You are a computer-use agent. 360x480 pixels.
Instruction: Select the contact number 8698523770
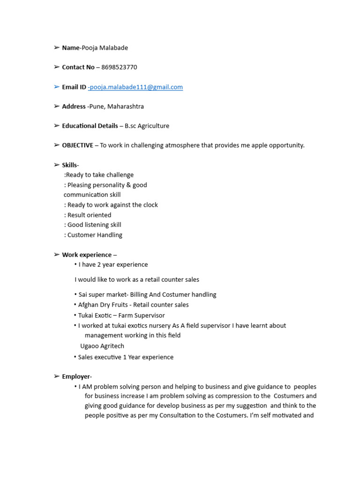pyautogui.click(x=119, y=67)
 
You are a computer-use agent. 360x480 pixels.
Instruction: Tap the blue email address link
pyautogui.click(x=135, y=87)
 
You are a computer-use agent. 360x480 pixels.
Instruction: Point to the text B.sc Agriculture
pyautogui.click(x=147, y=126)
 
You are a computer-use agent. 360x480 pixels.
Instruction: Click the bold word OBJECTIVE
pyautogui.click(x=77, y=145)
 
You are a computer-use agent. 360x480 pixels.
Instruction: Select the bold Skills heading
pyautogui.click(x=70, y=165)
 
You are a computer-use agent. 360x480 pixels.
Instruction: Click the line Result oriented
pyautogui.click(x=89, y=215)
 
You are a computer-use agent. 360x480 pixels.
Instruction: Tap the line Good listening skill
pyautogui.click(x=94, y=225)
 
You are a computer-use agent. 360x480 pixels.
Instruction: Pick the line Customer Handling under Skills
pyautogui.click(x=94, y=235)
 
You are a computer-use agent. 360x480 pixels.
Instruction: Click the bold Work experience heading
pyautogui.click(x=87, y=255)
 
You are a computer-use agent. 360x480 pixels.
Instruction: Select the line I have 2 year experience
pyautogui.click(x=113, y=265)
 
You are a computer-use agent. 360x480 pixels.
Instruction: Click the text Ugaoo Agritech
pyautogui.click(x=102, y=346)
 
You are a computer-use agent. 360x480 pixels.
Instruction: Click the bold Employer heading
pyautogui.click(x=76, y=376)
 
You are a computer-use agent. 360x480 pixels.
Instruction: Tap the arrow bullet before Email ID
pyautogui.click(x=57, y=87)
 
